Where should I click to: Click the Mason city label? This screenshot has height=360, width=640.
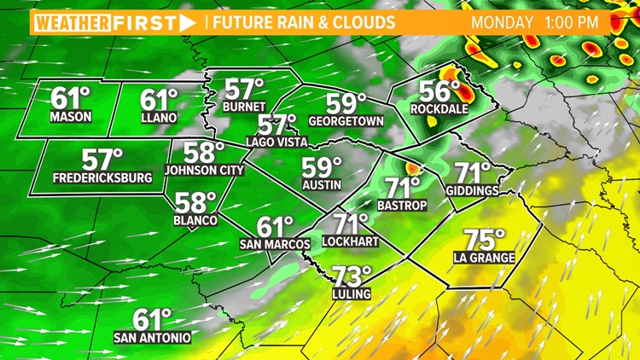71,116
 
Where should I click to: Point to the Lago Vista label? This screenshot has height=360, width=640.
277,142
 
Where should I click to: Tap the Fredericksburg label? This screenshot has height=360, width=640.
102,177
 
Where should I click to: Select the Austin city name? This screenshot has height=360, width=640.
322,184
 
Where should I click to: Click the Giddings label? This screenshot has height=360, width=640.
472,191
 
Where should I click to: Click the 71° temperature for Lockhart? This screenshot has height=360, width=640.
351,224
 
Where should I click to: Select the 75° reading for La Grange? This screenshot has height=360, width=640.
485,241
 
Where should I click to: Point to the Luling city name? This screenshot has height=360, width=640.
352,294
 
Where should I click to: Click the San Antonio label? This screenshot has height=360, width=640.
152,338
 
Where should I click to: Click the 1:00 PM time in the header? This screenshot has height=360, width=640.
579,20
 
